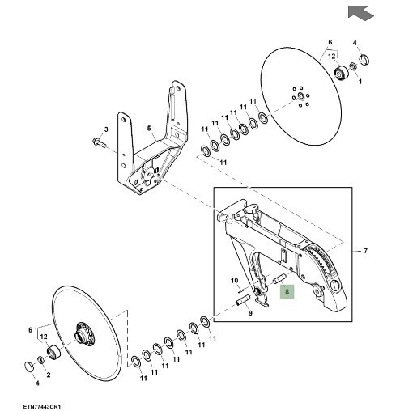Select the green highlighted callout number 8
(287, 291)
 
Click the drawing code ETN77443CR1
(41, 406)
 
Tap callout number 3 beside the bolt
(106, 129)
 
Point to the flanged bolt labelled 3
(99, 142)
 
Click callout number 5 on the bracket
(149, 129)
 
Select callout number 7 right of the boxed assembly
(365, 251)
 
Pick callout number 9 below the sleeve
(250, 313)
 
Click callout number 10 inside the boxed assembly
(234, 281)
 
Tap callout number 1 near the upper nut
(360, 81)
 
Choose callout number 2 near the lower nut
(49, 375)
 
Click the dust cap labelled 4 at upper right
(364, 60)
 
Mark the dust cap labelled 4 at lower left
(30, 367)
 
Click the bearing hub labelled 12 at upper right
(342, 73)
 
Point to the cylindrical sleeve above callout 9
(243, 300)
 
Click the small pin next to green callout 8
(280, 278)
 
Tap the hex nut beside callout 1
(352, 66)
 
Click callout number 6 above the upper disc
(330, 42)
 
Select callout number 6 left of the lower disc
(30, 330)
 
